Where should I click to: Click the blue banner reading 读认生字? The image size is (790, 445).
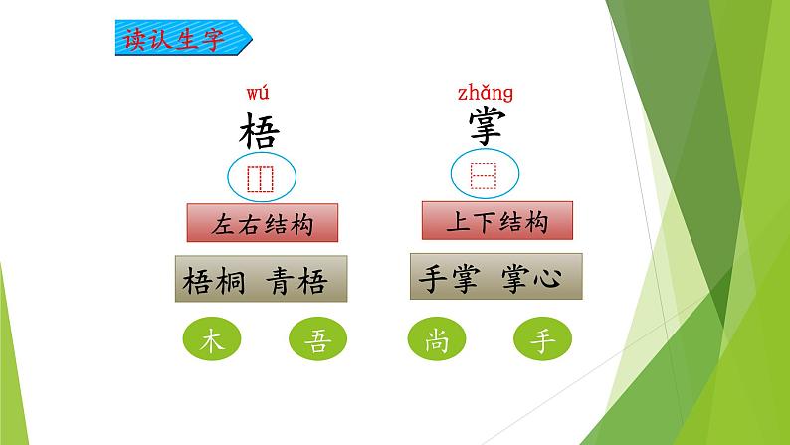pos(183,38)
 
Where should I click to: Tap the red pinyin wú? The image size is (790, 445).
pos(258,94)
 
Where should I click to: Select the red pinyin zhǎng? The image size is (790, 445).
pos(486,94)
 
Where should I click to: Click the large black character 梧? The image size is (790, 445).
pos(259,131)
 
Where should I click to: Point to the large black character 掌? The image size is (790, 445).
pos(486,128)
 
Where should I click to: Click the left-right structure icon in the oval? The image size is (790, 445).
pos(260,179)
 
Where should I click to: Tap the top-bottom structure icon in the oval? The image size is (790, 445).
pos(484,176)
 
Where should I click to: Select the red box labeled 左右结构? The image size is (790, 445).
pos(263,223)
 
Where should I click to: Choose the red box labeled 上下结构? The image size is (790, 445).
pos(497,221)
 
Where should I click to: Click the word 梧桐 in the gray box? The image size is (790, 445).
pos(214,281)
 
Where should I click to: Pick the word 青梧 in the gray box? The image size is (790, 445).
pos(296,281)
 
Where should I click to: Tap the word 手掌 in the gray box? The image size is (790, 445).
pos(449,278)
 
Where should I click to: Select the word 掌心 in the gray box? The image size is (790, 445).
pos(531,278)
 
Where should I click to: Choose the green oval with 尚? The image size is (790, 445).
pos(437,338)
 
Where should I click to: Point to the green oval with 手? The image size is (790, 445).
pos(542,338)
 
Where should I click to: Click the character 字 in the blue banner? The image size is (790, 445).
pos(214,39)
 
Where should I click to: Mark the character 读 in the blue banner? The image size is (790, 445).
pos(136,39)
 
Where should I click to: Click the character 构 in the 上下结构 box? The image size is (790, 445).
pos(536,221)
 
